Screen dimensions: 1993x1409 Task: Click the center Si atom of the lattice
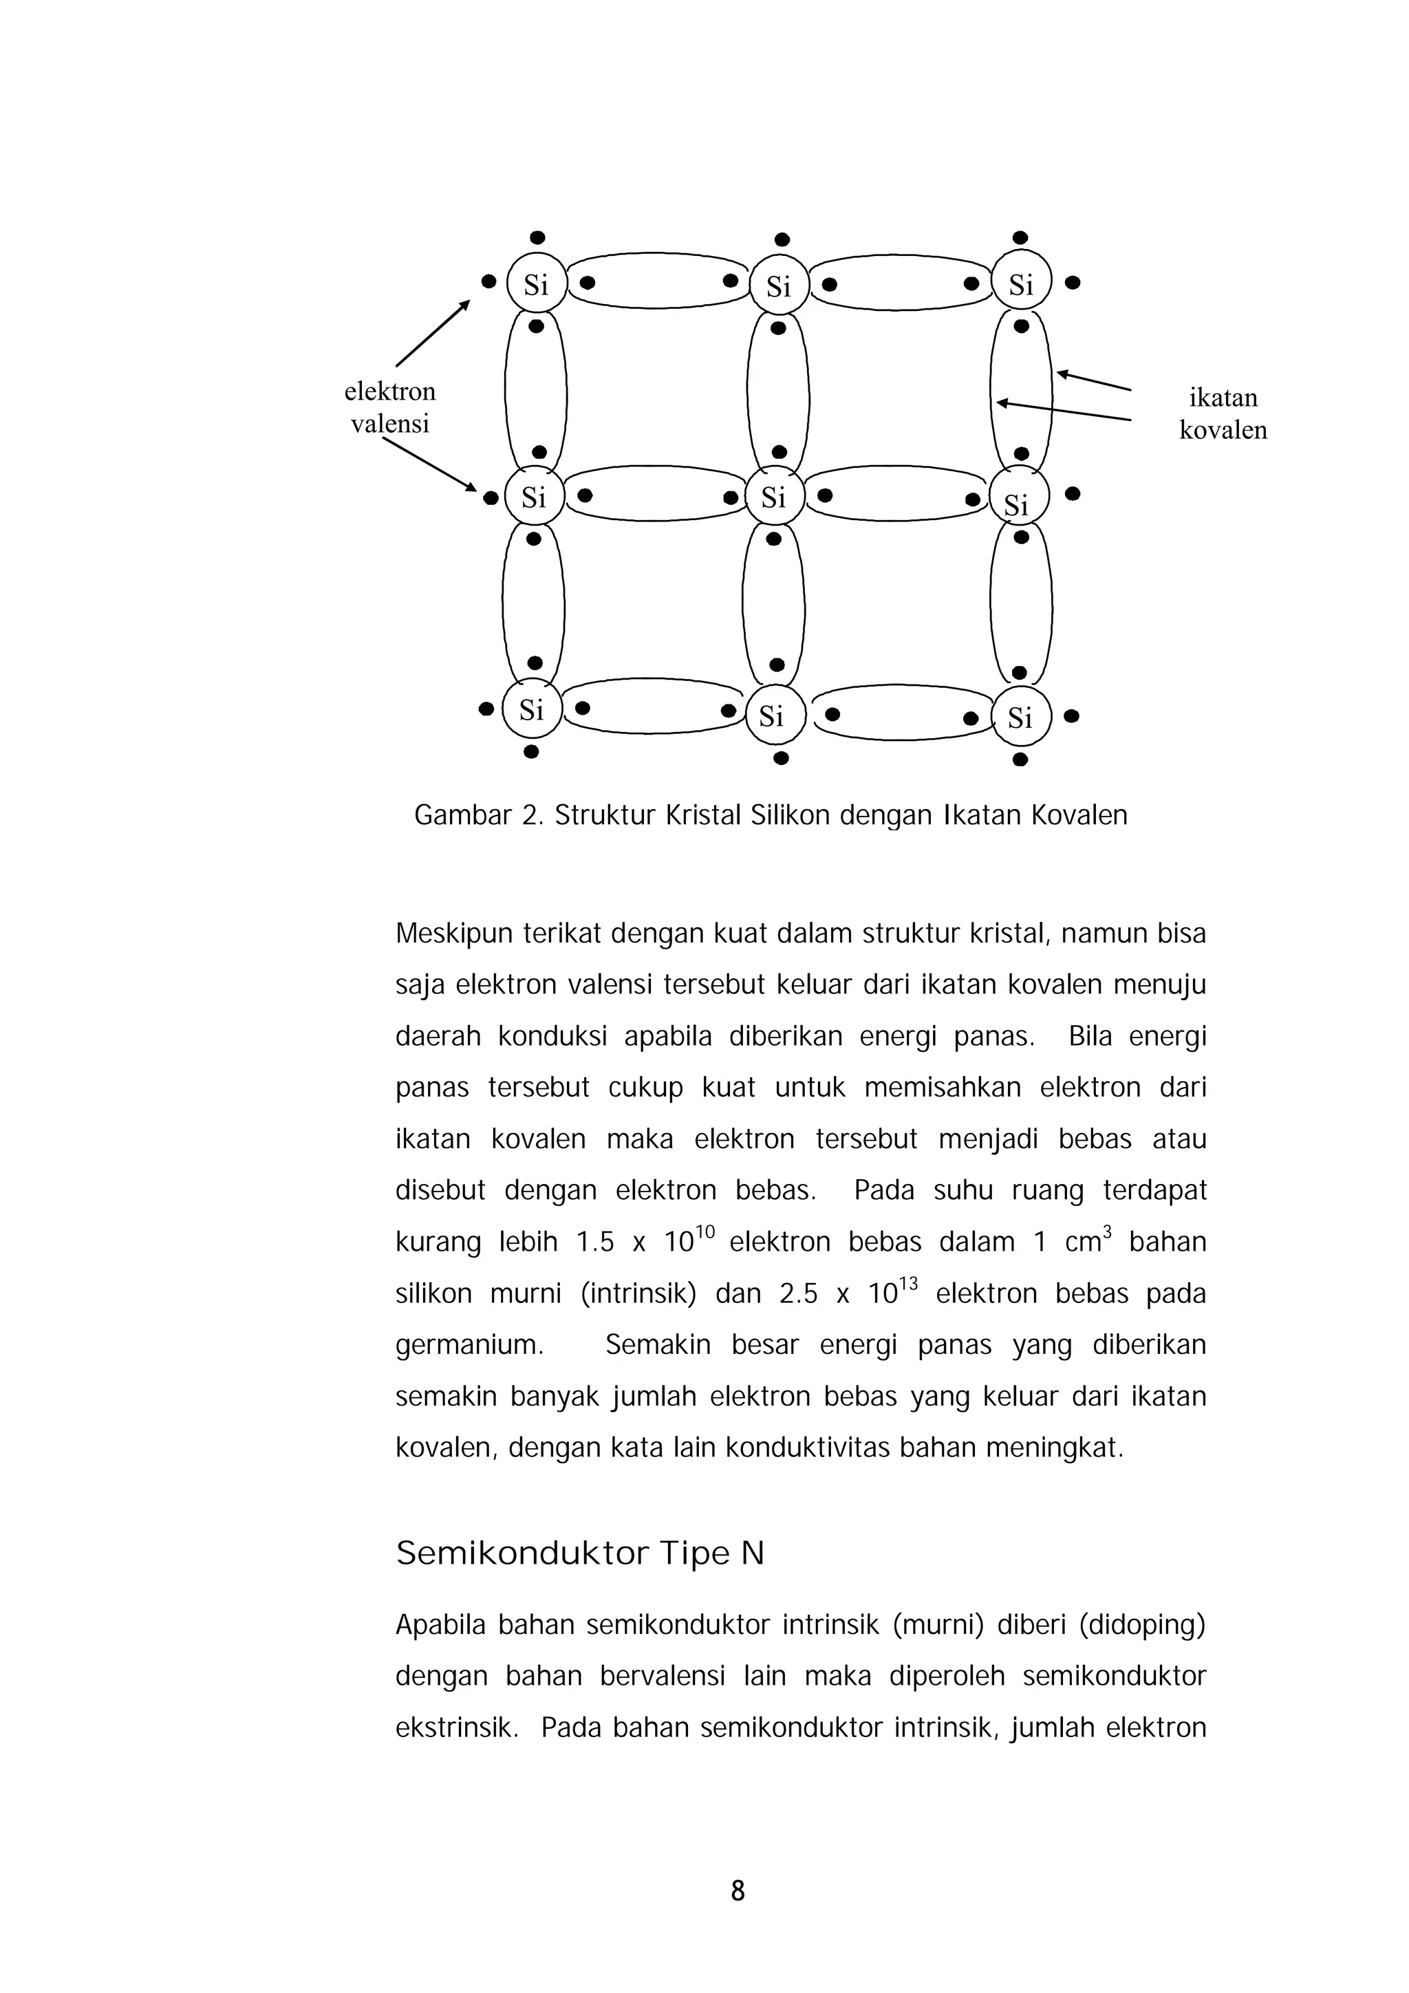(x=775, y=497)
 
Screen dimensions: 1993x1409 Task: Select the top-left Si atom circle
(x=537, y=283)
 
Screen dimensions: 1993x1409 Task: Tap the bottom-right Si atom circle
(x=1021, y=717)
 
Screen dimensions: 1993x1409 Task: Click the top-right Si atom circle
(x=1022, y=283)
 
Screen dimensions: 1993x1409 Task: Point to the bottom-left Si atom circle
(x=531, y=709)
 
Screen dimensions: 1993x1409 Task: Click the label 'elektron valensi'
(x=390, y=407)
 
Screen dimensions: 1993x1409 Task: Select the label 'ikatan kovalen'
(x=1223, y=413)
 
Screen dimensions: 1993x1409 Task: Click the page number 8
(x=738, y=1890)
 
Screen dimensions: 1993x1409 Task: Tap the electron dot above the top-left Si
(x=537, y=237)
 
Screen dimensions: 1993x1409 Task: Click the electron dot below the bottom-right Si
(x=1021, y=760)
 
